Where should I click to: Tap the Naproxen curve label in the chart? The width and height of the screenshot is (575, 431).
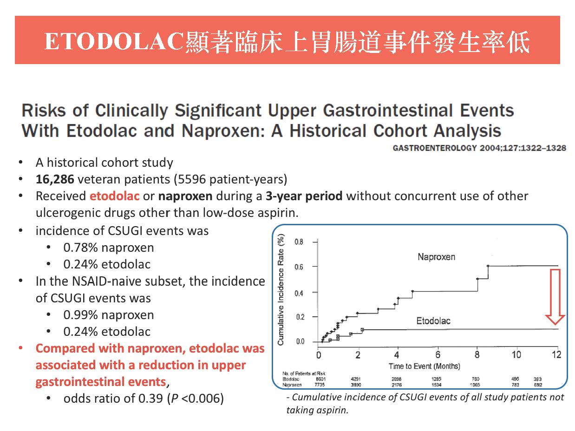coord(436,257)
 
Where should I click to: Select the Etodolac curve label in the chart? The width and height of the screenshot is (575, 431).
coord(433,320)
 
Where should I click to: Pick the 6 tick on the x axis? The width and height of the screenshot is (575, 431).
coord(438,355)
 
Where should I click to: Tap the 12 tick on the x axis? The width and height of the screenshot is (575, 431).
coord(557,355)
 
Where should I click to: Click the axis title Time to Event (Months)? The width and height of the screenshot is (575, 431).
coord(424,366)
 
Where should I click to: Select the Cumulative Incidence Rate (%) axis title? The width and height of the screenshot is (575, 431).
coord(281,290)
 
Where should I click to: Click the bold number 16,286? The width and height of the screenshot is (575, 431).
coord(55,179)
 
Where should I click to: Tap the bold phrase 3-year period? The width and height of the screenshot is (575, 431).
coord(304,196)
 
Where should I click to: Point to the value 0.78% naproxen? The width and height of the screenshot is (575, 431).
coord(108,248)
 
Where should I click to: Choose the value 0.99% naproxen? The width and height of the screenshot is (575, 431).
coord(108,315)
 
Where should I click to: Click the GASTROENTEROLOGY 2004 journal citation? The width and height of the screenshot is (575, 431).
coord(479,148)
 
